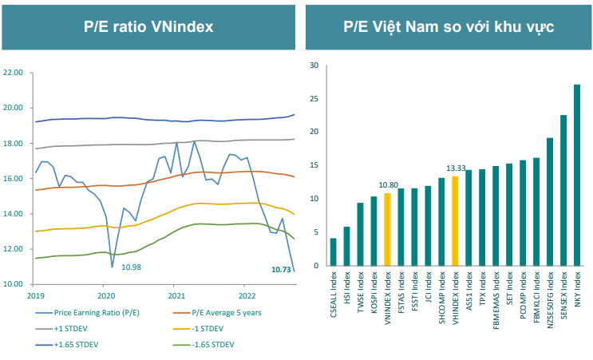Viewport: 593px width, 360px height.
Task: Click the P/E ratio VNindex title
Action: [x=148, y=26]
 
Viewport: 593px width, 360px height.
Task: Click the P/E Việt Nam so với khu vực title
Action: [x=449, y=26]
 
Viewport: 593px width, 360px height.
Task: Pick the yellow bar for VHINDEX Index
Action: [x=455, y=221]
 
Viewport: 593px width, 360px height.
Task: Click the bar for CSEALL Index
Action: [x=333, y=251]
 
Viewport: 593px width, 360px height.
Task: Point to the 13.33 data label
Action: [x=454, y=168]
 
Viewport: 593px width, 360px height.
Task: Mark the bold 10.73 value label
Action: [x=280, y=270]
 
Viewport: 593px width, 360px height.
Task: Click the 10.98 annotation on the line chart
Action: [x=132, y=265]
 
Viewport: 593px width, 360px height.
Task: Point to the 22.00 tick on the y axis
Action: [x=14, y=73]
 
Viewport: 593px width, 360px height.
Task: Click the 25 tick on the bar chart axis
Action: [x=314, y=98]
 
